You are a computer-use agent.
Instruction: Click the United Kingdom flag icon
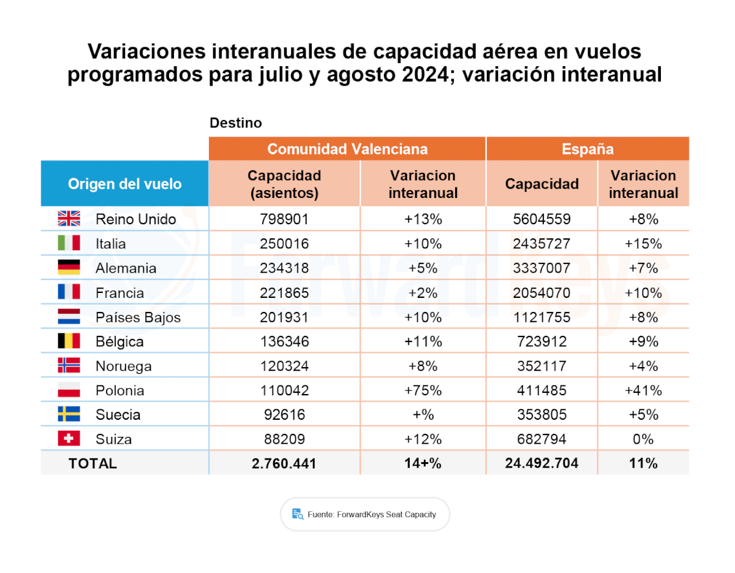tap(69, 219)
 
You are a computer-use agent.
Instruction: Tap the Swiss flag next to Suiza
tap(69, 439)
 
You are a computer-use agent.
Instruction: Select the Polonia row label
tap(120, 390)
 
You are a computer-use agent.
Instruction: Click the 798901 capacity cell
tap(284, 219)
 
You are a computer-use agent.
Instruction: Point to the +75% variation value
tap(423, 390)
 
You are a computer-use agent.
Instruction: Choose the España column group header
tap(587, 149)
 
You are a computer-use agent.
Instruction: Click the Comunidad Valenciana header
tap(347, 149)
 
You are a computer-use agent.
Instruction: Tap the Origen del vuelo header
tap(124, 184)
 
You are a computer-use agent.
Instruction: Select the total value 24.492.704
tap(541, 463)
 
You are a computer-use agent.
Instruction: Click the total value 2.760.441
tap(284, 463)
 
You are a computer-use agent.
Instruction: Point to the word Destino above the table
tap(236, 123)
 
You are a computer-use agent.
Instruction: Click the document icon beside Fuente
tap(298, 514)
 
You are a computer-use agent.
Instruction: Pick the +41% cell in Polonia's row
tap(643, 390)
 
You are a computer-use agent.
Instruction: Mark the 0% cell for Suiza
tap(643, 439)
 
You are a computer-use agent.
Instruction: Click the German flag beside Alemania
tap(69, 268)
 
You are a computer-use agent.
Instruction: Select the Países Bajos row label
tap(138, 317)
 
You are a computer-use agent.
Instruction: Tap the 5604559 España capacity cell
tap(541, 219)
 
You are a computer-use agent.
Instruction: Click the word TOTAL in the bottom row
tap(92, 463)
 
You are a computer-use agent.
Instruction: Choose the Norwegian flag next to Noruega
tap(69, 366)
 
